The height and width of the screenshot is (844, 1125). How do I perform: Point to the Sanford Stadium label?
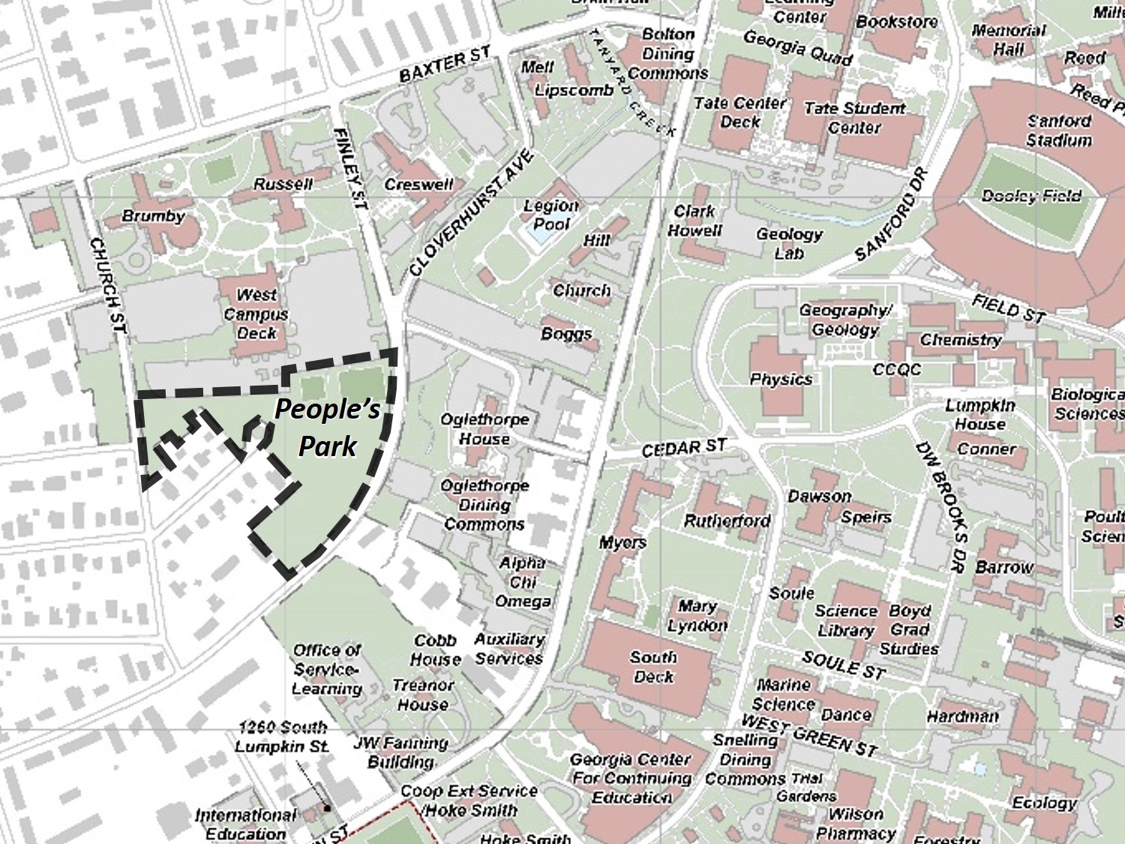(x=1059, y=131)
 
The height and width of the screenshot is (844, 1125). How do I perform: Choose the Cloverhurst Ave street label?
(x=472, y=214)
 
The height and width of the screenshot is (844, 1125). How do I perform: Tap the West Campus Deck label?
(x=256, y=314)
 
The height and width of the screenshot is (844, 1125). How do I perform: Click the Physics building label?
(x=781, y=380)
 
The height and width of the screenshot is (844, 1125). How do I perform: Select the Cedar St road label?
(x=683, y=448)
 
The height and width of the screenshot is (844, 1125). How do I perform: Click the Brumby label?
(x=153, y=216)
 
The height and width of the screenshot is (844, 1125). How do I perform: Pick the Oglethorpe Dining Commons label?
(x=484, y=505)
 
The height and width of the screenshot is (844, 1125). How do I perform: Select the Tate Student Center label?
(x=854, y=118)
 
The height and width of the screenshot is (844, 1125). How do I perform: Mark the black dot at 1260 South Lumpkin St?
(x=328, y=808)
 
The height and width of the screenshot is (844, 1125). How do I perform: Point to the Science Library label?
(x=845, y=620)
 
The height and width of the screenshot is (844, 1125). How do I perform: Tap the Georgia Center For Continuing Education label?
(x=631, y=778)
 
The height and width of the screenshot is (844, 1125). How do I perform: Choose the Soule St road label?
(x=844, y=665)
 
